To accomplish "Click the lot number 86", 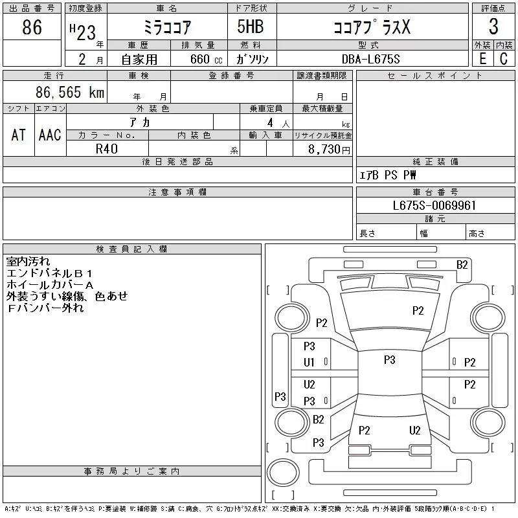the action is point(32,27).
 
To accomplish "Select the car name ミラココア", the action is point(167,27).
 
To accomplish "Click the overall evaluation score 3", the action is point(493,27).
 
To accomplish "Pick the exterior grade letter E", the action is point(482,59).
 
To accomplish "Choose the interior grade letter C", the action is point(503,59).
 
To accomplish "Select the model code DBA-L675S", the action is point(371,59).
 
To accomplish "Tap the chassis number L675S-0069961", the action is point(434,206).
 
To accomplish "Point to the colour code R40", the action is point(107,148).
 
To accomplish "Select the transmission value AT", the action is point(19,135).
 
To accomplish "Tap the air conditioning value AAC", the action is point(50,135).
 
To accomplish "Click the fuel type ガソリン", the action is point(256,59).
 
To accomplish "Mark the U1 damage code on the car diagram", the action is point(309,363).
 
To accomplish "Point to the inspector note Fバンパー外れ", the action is point(45,308).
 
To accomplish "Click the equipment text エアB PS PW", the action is point(388,175).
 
